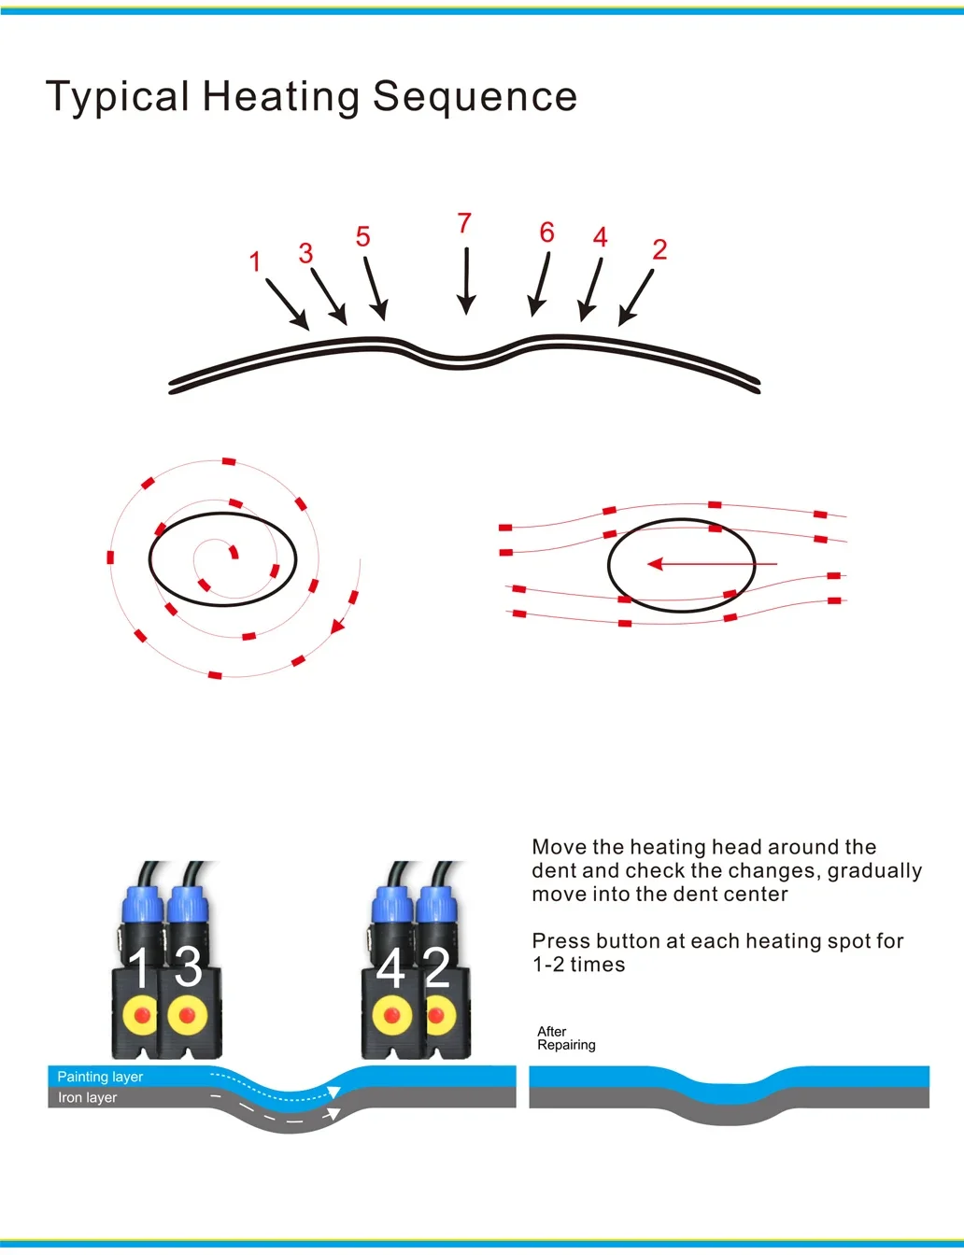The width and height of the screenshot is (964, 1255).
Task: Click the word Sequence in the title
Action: click(x=475, y=96)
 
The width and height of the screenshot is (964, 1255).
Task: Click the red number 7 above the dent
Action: click(x=464, y=223)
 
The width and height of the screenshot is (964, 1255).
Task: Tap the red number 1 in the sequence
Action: click(x=255, y=261)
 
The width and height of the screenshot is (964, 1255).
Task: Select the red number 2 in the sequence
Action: click(x=659, y=249)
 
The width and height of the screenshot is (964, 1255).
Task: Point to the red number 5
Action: click(x=362, y=237)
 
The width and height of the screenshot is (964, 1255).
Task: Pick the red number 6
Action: click(x=547, y=233)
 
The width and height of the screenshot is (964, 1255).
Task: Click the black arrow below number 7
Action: click(x=466, y=281)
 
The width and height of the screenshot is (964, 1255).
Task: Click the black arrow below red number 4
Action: click(x=590, y=289)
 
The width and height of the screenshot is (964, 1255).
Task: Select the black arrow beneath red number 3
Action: click(x=329, y=296)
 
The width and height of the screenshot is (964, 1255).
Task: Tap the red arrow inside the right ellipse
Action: click(x=712, y=564)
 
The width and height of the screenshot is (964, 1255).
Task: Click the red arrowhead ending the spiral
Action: click(x=337, y=627)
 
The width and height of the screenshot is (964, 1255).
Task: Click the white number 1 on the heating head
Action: click(x=139, y=967)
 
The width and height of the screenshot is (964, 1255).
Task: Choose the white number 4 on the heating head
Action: click(x=390, y=967)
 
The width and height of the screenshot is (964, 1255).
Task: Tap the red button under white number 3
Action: click(x=187, y=1015)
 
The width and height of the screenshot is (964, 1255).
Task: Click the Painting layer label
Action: click(x=100, y=1077)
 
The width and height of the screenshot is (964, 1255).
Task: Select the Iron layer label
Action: click(x=87, y=1097)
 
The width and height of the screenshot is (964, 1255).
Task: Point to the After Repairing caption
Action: click(x=566, y=1037)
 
